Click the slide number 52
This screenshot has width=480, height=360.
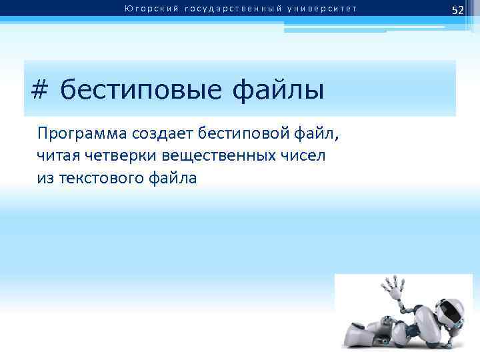point(457,9)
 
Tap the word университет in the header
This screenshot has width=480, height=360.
point(322,9)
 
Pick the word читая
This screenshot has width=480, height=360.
point(58,156)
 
